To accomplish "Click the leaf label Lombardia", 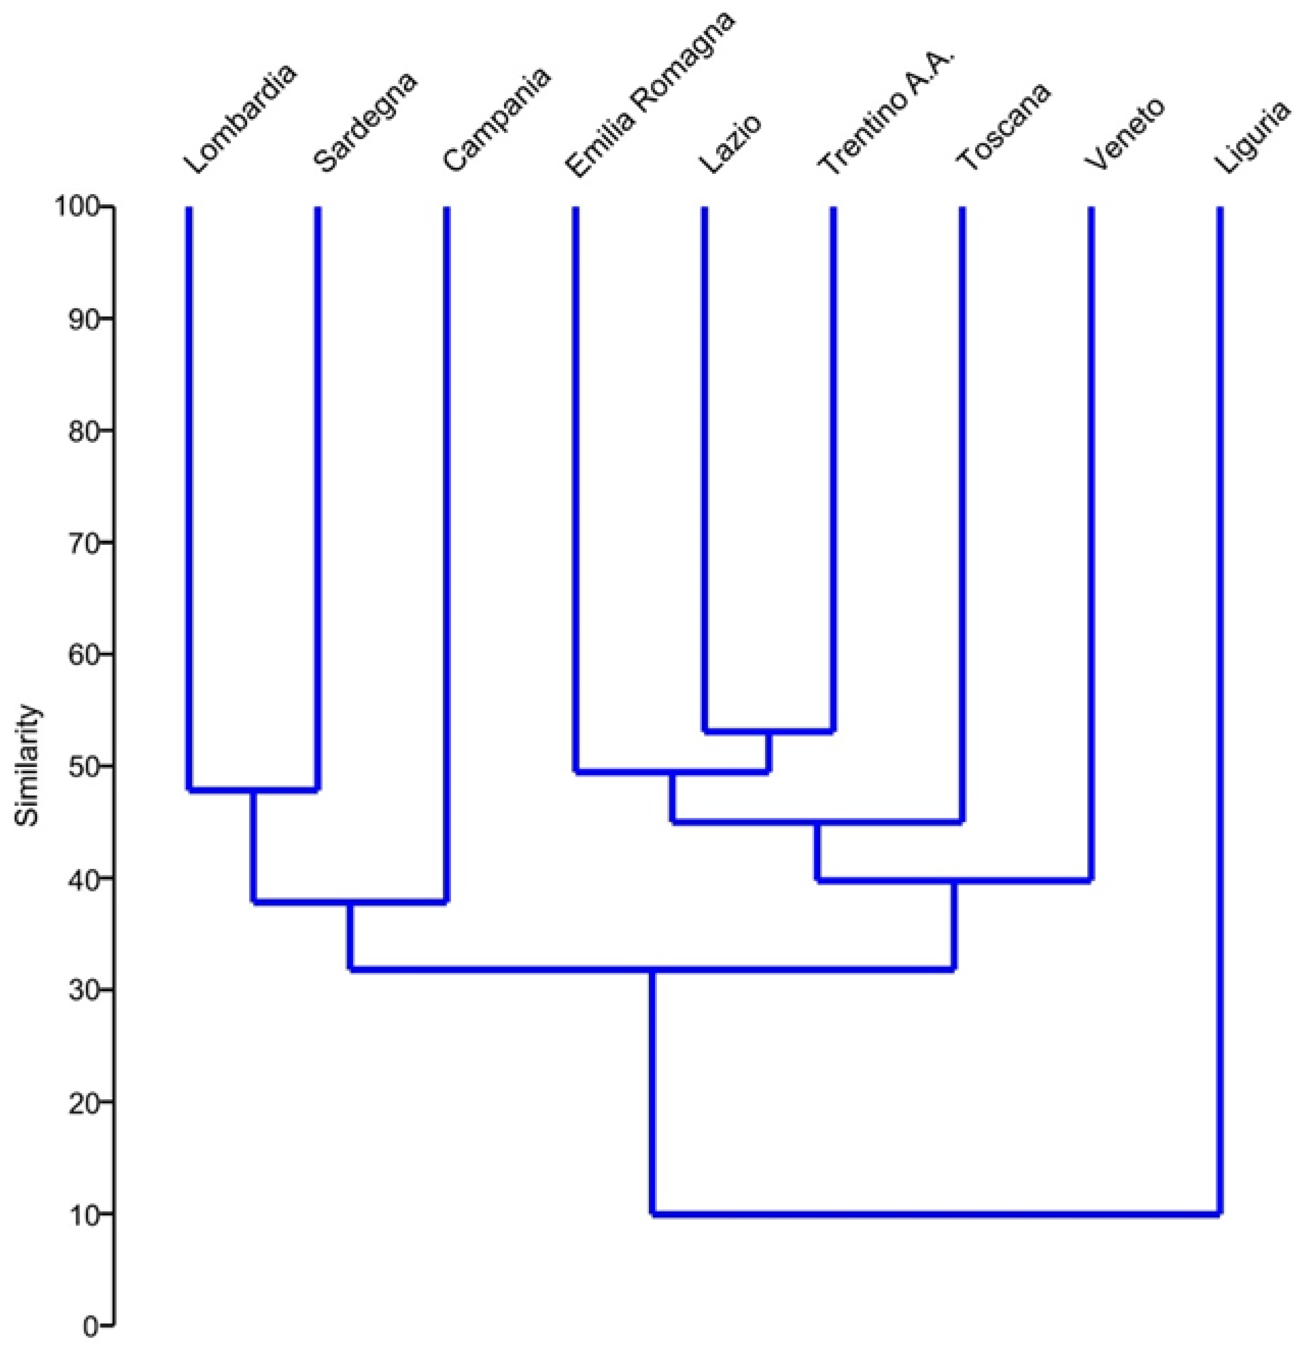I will [x=240, y=119].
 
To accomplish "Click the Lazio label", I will [x=730, y=143].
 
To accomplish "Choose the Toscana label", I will [x=1004, y=127].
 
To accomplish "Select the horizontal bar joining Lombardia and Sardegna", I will [x=253, y=789].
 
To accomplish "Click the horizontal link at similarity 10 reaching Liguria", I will [x=935, y=1214].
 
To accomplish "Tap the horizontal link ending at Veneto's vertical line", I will [x=954, y=881].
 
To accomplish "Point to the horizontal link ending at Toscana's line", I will [x=817, y=822].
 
